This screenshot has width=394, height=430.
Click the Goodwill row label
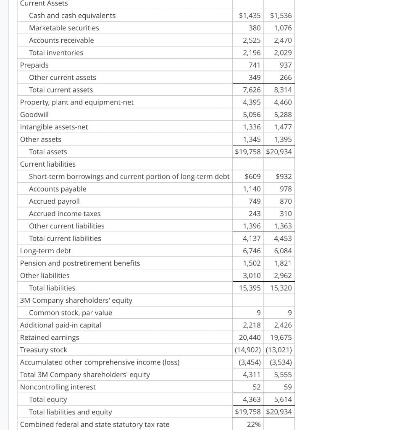[x=34, y=115]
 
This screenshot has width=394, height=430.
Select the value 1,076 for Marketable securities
[x=283, y=28]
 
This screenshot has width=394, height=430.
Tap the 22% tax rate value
[x=254, y=425]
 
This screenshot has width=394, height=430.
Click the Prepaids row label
[x=34, y=65]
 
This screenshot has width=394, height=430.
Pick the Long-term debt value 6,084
[x=283, y=251]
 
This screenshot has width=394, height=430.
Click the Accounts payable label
[x=58, y=189]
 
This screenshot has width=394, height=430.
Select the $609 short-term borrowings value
[x=252, y=177]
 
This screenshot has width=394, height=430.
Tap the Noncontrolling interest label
[x=58, y=387]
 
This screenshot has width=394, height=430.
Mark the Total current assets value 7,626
[x=252, y=90]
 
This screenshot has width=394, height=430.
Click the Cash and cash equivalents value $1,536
[x=281, y=16]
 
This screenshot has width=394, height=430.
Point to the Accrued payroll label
[x=54, y=202]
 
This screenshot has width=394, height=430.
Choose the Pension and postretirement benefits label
[x=80, y=263]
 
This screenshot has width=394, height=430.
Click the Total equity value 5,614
[x=283, y=399]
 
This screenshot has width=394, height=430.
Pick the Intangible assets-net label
[x=54, y=127]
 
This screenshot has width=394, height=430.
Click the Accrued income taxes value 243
[x=255, y=214]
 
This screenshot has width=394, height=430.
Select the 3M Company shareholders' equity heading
[x=76, y=300]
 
